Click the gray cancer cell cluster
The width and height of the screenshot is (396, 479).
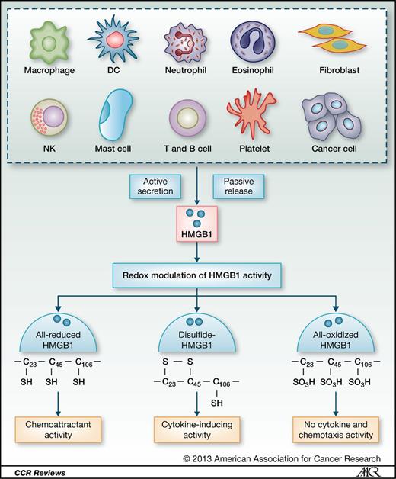click(333, 117)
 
